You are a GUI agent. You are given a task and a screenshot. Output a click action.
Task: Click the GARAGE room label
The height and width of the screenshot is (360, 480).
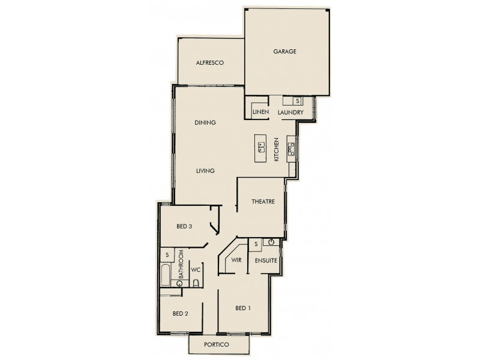pos(285,52)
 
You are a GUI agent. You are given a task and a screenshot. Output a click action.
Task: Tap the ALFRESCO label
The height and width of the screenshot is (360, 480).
pos(209,62)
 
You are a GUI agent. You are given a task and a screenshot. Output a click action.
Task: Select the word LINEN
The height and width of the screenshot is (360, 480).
pos(260,113)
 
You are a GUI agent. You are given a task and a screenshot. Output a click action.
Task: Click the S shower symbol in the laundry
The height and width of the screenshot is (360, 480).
pos(298,101)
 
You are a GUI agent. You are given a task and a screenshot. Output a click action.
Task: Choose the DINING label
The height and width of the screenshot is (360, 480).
pos(205,123)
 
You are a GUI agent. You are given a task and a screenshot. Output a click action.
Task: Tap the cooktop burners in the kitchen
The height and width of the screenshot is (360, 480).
pos(292,148)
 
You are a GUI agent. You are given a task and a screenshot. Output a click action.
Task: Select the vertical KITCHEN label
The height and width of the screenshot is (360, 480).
pos(277,149)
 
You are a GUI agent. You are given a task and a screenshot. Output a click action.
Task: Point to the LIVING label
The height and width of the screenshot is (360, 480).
pos(205,171)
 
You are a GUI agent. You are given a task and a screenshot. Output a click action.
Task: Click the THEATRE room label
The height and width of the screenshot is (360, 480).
pos(263,202)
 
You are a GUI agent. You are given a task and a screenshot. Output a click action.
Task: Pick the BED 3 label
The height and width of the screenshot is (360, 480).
pos(184,227)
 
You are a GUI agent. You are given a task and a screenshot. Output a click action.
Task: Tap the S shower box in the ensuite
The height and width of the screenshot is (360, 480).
pos(256,244)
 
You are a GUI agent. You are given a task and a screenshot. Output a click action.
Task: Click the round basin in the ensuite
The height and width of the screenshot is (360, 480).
pos(271,243)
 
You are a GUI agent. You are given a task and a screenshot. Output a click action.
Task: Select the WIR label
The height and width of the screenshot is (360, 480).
pos(237,261)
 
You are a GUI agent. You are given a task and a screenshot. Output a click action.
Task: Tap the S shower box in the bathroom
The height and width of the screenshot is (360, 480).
pos(167,255)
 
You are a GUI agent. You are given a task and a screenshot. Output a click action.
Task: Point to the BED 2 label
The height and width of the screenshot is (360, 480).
pos(181,313)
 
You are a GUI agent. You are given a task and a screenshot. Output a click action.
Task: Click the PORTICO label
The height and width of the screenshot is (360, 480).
pos(218,344)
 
